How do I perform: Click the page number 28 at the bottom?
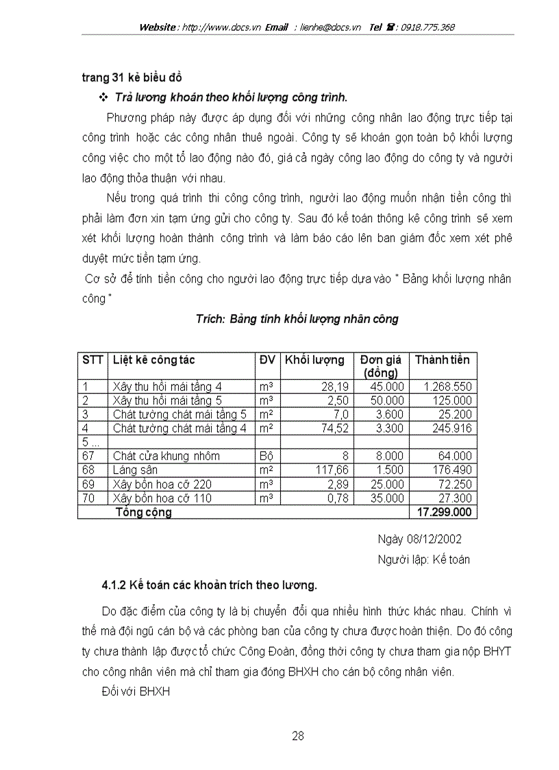coord(297,736)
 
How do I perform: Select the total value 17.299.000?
coord(443,512)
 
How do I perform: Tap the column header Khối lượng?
coord(314,360)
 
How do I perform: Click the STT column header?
coord(92,360)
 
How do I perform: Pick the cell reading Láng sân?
coord(135,470)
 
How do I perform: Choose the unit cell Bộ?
coord(266,456)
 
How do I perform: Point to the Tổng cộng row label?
coord(144,512)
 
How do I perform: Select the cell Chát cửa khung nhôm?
coord(166,456)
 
